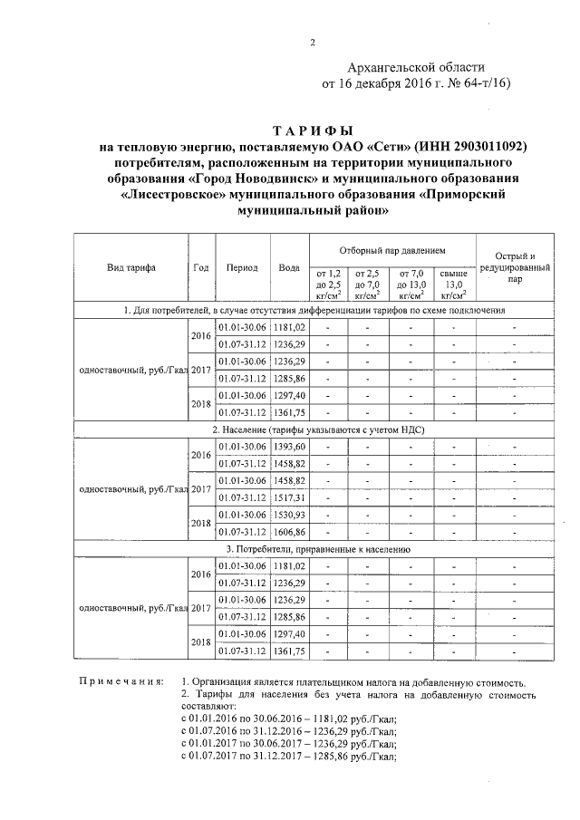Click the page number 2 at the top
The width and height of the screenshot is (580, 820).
point(312,43)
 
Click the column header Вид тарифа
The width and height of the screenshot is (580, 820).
point(130,267)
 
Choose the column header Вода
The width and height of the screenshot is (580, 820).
point(289,267)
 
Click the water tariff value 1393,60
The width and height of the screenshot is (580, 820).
point(289,447)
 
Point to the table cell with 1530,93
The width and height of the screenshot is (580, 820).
point(289,515)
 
